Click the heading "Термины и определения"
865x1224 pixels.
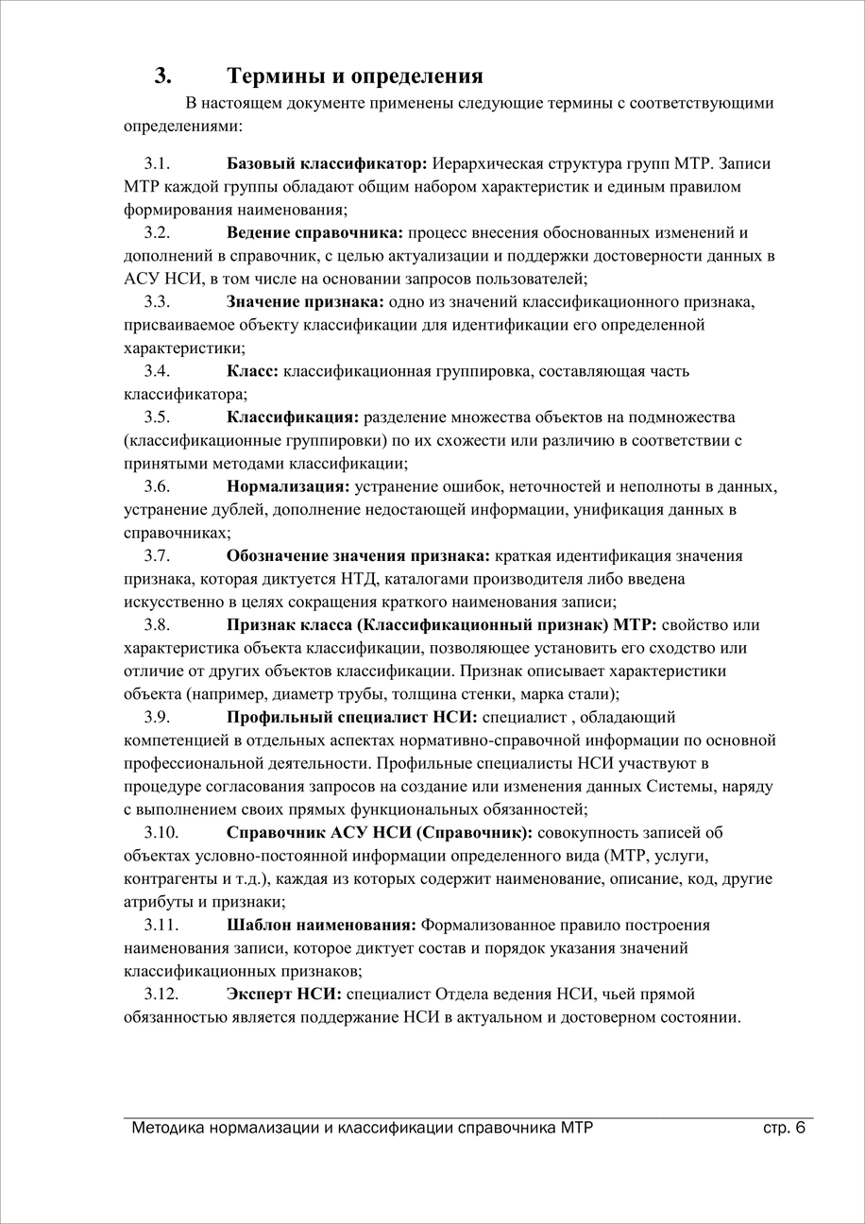point(355,76)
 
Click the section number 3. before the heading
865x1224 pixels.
point(162,76)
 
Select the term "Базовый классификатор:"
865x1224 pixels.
point(327,163)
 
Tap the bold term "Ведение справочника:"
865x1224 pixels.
point(314,232)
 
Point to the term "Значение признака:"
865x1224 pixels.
point(305,302)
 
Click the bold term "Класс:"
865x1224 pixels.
point(252,371)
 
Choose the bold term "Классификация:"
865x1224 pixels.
point(293,417)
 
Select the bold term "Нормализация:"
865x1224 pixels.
point(288,486)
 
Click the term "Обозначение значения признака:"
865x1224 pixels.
point(358,555)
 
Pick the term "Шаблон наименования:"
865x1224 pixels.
point(321,925)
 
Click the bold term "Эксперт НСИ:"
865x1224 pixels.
point(284,994)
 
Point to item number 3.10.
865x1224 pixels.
point(161,833)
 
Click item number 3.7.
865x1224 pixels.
point(157,555)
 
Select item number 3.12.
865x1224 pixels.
point(161,994)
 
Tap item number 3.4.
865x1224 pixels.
point(157,371)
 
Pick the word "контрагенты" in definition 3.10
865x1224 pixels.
point(165,879)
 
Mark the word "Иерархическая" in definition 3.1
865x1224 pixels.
point(495,163)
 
